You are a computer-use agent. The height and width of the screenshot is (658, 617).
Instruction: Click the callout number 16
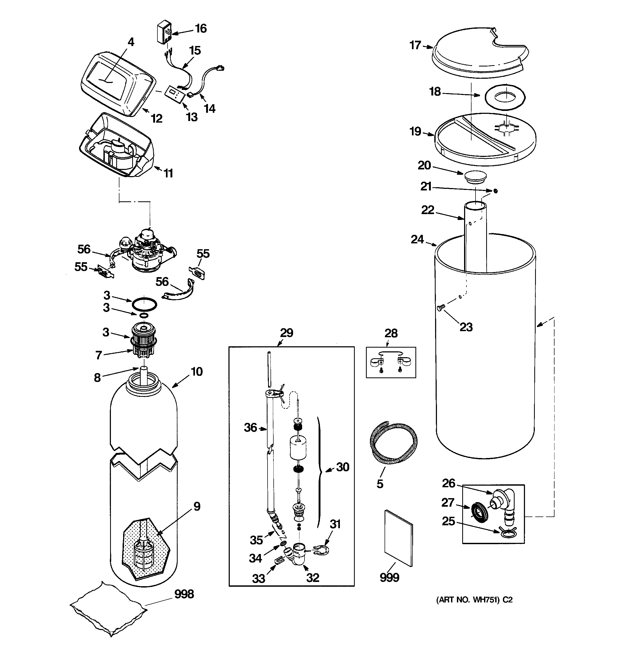coord(201,28)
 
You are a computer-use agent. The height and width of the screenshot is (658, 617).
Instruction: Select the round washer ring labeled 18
coord(505,97)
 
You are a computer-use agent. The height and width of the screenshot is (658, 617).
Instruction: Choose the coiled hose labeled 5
coord(394,443)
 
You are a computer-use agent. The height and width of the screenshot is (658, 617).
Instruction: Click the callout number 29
coord(287,333)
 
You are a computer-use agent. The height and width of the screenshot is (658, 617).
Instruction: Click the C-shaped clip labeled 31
coord(321,550)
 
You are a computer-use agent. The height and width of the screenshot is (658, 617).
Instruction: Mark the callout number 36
coord(251,428)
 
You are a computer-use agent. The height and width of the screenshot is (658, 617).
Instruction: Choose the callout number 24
coord(417,239)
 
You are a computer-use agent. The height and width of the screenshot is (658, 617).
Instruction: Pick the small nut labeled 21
coord(495,191)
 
